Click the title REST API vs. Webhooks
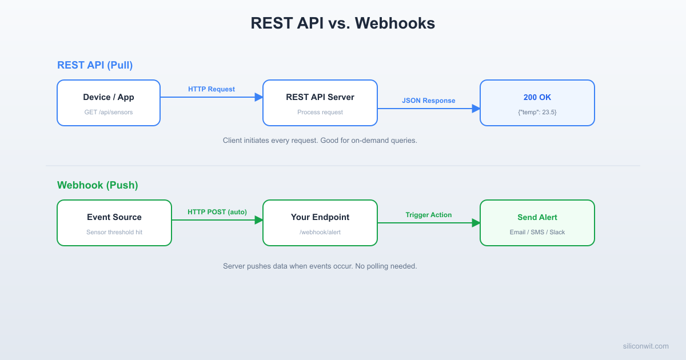342,23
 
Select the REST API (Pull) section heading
95,65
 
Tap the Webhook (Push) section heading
97,185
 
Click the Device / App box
109,103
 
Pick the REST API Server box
320,103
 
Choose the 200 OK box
537,103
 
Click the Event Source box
114,223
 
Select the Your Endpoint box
320,223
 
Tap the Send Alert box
537,223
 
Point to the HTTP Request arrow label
212,89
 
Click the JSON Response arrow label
429,101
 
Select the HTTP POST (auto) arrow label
217,212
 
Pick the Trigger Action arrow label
429,215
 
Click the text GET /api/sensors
109,113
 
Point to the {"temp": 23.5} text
537,113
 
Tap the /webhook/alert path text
320,233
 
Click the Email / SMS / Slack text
537,233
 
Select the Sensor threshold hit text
114,233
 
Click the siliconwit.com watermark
645,346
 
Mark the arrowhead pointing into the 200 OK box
476,109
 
